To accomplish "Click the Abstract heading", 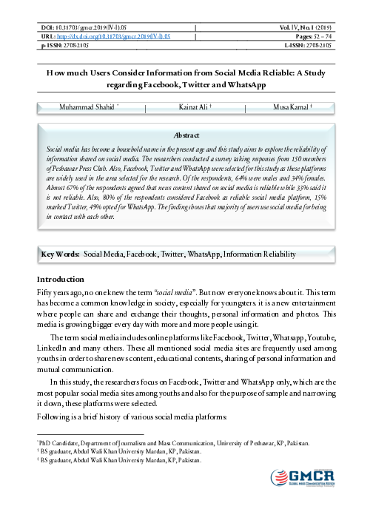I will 186,136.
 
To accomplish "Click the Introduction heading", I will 61,280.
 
